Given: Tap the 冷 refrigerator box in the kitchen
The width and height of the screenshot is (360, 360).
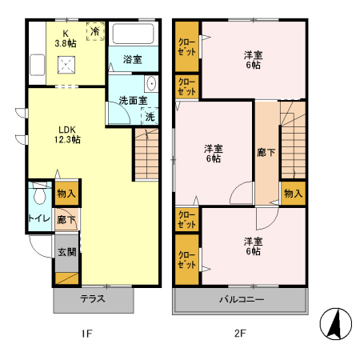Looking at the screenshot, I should tap(96, 32).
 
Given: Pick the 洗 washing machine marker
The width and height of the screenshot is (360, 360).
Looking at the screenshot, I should tap(150, 117).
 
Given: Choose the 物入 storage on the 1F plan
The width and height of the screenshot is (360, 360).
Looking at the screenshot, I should tap(66, 194).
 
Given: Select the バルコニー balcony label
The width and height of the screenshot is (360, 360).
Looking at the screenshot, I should tap(241, 300).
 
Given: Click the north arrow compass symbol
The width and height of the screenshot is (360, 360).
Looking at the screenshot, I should tap(336, 323).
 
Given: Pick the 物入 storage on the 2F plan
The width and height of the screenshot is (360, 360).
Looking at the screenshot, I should tap(294, 194).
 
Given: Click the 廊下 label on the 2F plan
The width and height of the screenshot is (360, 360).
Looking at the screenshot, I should tap(266, 152).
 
